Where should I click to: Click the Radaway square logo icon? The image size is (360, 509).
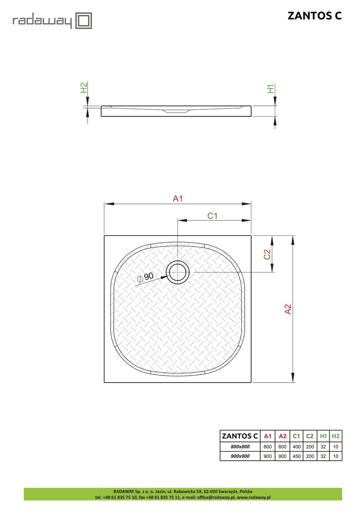[x=84, y=21]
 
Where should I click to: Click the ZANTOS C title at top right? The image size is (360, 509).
[x=314, y=16]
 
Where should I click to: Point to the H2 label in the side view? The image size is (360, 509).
[x=84, y=88]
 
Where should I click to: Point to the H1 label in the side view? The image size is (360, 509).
[x=271, y=89]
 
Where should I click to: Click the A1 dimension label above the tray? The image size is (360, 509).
[x=177, y=199]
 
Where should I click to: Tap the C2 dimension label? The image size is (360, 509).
[x=267, y=254]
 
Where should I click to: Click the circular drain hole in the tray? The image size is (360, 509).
[x=178, y=272]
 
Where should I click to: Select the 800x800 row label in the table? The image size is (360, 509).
[x=240, y=446]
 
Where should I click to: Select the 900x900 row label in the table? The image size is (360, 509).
[x=240, y=456]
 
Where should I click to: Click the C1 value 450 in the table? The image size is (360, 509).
[x=296, y=456]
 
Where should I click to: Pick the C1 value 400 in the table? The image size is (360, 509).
[x=296, y=446]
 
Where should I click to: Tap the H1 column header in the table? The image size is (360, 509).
[x=323, y=436]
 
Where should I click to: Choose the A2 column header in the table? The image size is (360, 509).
[x=282, y=436]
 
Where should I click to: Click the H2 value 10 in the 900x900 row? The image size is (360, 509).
[x=336, y=456]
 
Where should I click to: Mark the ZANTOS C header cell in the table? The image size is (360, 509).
[x=240, y=436]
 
